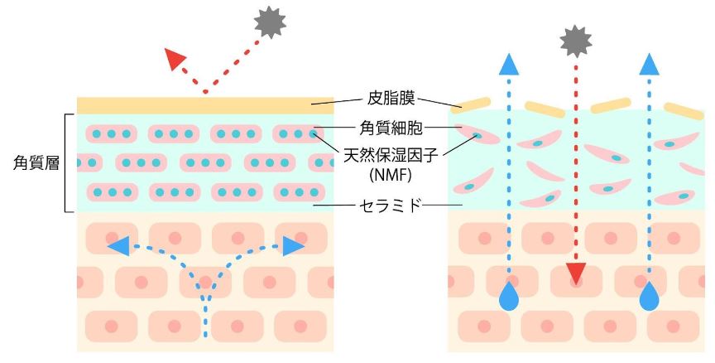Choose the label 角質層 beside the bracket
pos(30,163)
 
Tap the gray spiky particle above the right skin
pos(575,38)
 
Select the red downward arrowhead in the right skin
pos(575,273)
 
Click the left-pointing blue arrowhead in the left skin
pos(118,245)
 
